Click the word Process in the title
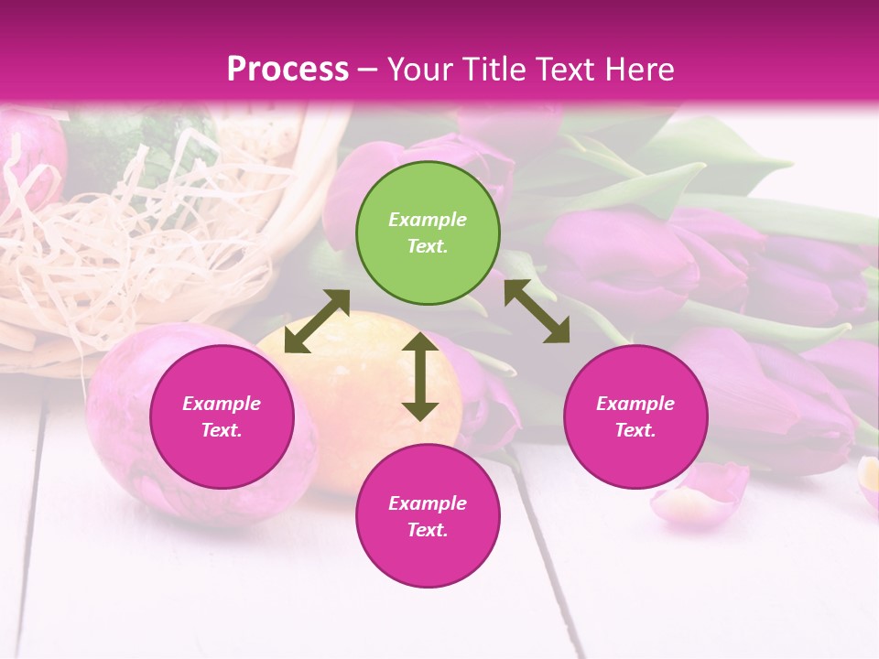pos(288,70)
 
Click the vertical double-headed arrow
pos(420,376)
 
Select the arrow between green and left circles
pos(317,321)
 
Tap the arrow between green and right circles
pos(537,311)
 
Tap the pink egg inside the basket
pos(27,156)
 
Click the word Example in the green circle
pos(428,220)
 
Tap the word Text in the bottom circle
pos(428,530)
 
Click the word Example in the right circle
pos(635,404)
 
